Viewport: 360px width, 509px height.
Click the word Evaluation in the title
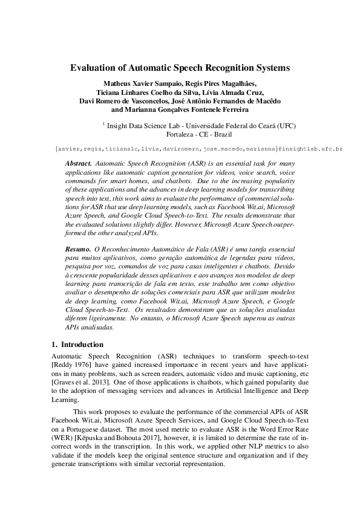point(94,68)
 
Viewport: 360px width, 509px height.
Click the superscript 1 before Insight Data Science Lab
point(103,123)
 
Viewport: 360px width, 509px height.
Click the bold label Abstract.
point(79,164)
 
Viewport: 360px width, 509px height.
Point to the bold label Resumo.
point(79,248)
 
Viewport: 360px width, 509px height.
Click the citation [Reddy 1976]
point(72,366)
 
